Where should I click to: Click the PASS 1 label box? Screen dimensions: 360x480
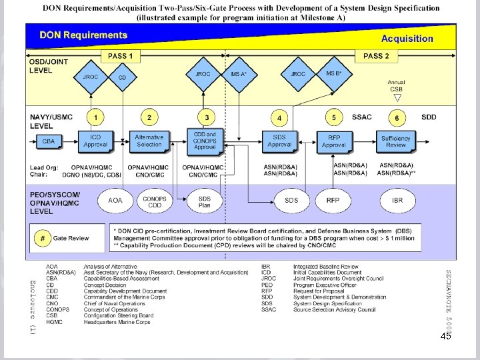(x=121, y=56)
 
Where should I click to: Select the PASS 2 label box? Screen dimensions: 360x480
(x=377, y=56)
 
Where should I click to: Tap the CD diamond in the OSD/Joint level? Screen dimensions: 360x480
(x=122, y=77)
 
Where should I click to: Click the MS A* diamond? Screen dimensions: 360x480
(x=239, y=73)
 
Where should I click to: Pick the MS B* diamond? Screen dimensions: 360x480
(x=334, y=73)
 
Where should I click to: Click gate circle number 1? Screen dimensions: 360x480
(x=95, y=118)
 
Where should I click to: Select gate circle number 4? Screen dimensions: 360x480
(x=279, y=119)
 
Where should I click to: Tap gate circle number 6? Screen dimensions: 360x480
(x=397, y=118)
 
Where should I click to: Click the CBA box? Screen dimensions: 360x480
(x=49, y=141)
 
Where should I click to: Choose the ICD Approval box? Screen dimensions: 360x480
(x=95, y=141)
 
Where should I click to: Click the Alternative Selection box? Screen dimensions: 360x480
(x=149, y=141)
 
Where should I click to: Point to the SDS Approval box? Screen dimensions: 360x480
(x=279, y=141)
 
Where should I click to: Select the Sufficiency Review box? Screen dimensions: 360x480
(x=396, y=141)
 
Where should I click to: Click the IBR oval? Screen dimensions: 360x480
(x=397, y=200)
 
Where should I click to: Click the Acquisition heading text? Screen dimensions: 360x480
(x=407, y=39)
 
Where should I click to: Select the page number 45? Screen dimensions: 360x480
(x=446, y=336)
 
